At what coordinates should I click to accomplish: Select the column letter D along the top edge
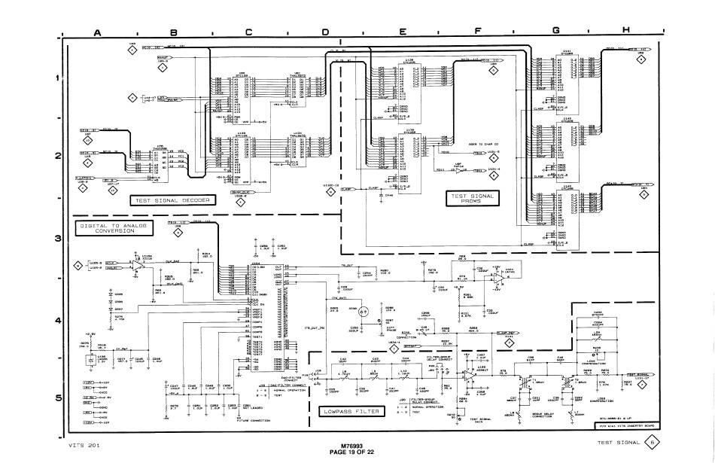tap(325, 32)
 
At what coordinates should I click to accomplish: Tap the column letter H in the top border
tap(625, 31)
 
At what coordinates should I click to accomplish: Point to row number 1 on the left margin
tap(58, 78)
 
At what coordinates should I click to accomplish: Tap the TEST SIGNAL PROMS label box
tap(473, 198)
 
